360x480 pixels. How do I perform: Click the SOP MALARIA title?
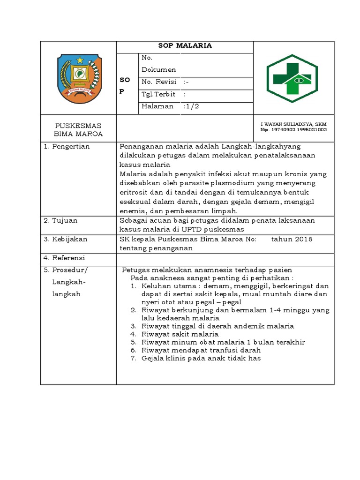[x=185, y=45]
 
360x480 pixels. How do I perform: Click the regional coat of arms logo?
[x=78, y=78]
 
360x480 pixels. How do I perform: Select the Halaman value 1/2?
[x=193, y=106]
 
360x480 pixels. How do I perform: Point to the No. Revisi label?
[x=159, y=82]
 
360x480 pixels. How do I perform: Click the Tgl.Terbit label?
[x=158, y=94]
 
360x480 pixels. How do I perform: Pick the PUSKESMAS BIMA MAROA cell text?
[x=78, y=130]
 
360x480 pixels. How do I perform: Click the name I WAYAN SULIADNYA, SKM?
[x=293, y=124]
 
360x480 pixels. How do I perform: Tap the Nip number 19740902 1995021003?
[x=293, y=129]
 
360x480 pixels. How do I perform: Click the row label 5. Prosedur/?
[x=66, y=270]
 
